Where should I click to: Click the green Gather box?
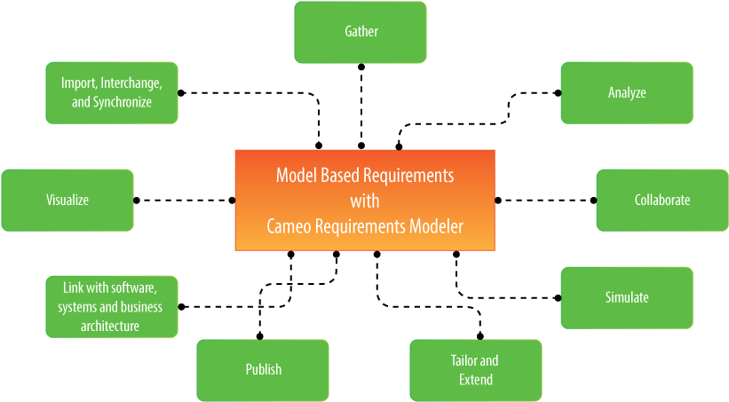coord(361,32)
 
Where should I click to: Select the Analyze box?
coord(627,92)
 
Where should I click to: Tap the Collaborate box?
coord(662,200)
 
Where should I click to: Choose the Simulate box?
coord(627,297)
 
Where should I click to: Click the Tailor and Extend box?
coord(475,370)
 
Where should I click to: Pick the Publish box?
coord(263,369)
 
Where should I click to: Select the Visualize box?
coord(67,200)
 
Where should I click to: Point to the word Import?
coord(78,83)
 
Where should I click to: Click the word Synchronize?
coord(123,102)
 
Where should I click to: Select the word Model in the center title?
coord(296,175)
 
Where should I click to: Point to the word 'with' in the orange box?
coord(364,201)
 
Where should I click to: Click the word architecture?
coord(111,326)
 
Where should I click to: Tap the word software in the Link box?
coord(132,288)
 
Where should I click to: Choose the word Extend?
coord(475,380)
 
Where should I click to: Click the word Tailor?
coord(464,360)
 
